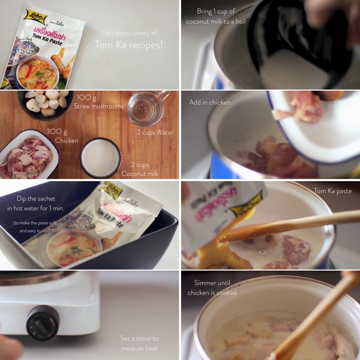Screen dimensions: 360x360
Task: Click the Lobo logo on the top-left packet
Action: [36, 17]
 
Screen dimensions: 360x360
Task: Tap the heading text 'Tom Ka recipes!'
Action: [129, 45]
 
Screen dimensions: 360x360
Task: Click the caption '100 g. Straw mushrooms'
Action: [99, 102]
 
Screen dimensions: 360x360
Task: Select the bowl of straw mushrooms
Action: [45, 103]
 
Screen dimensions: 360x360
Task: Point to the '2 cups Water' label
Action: [155, 133]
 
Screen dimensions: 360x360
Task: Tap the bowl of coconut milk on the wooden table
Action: [100, 158]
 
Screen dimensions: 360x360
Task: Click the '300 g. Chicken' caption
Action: [62, 136]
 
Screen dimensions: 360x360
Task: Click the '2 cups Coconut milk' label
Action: [140, 169]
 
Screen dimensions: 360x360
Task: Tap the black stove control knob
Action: [43, 322]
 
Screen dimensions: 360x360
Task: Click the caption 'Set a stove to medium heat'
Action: [139, 343]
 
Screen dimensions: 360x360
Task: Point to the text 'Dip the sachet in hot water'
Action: [36, 203]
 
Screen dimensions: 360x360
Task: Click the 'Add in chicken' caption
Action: [210, 102]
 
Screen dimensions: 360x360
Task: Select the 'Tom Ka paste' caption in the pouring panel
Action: [333, 191]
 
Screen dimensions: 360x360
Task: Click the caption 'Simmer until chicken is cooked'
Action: [212, 288]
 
